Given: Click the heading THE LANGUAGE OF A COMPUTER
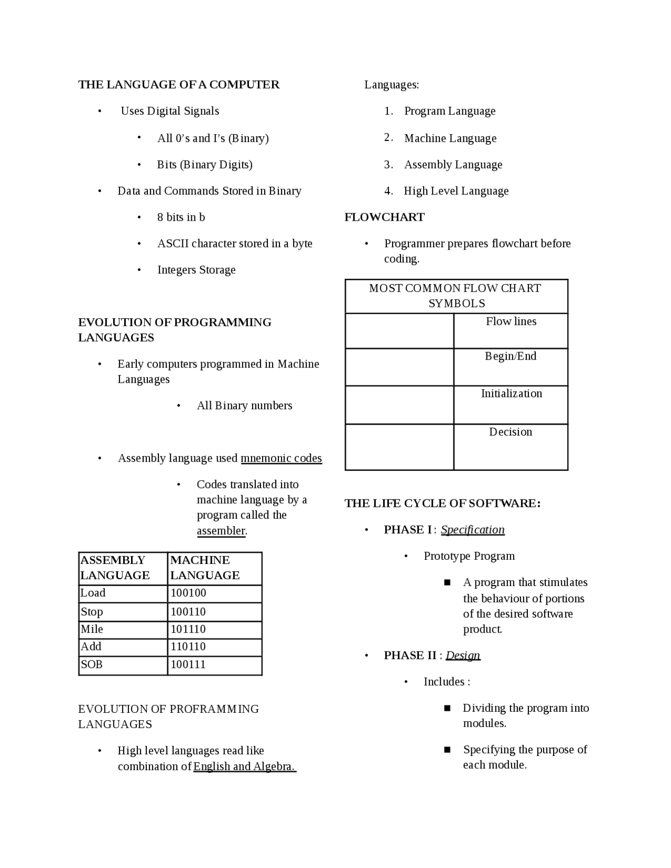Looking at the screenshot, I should pos(179,85).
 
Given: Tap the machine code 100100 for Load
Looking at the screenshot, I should pos(188,593).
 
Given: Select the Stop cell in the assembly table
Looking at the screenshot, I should pos(92,612).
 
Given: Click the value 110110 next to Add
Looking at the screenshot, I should pos(188,646).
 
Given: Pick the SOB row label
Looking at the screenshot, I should pos(91,664).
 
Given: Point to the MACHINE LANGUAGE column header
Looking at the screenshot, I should pos(205,568).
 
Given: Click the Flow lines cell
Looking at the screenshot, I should pos(511,321).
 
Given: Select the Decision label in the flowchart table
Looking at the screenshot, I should pos(511,432).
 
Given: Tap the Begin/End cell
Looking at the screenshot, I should pos(511,356).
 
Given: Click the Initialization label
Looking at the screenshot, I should pos(511,394).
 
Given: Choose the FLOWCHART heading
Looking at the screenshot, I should pos(384,217).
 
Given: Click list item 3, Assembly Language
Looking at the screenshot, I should pos(453,165).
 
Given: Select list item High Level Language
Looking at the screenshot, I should pos(456,191).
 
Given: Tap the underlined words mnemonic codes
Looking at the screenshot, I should pos(281,458).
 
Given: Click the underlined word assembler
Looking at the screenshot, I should pos(221,530).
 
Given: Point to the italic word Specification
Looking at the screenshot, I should pos(472,529).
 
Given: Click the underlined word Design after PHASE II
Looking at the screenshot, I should pos(463,655).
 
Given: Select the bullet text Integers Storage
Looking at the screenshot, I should pos(196,270).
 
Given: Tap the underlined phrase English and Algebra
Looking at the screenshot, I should pos(244,766).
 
